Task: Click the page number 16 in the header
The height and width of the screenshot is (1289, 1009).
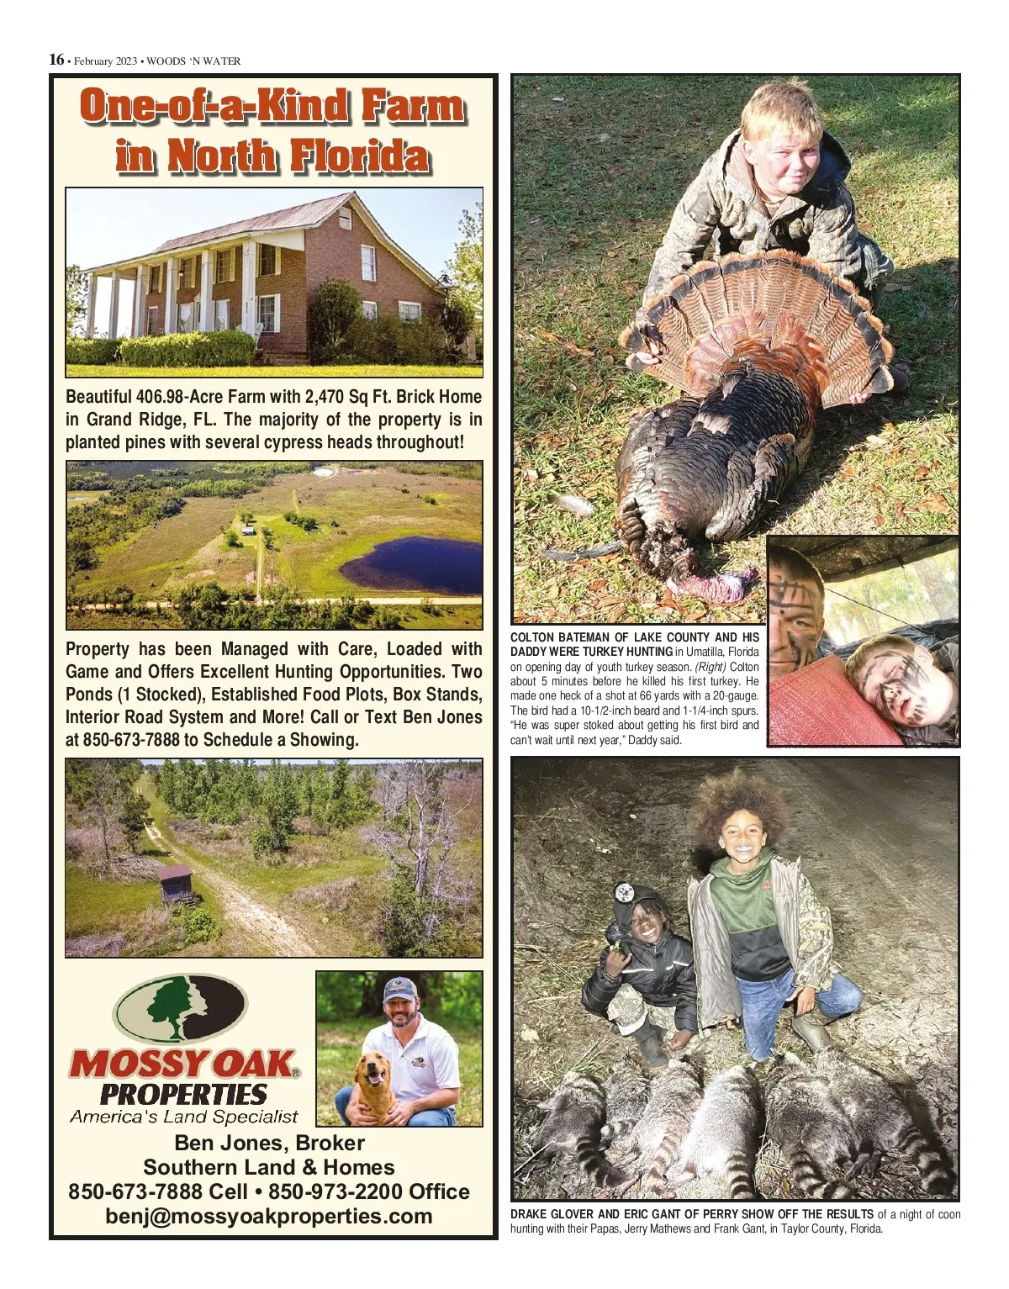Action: click(56, 60)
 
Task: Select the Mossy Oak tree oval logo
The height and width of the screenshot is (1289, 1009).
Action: click(181, 1008)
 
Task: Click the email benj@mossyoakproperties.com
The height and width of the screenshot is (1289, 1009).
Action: click(269, 1216)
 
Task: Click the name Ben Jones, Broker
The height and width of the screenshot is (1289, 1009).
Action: click(269, 1143)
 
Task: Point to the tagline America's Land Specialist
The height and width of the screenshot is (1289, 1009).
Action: click(183, 1117)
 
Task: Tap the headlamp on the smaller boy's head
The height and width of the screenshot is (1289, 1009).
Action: click(623, 892)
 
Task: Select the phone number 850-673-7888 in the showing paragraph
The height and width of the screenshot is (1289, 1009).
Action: click(131, 740)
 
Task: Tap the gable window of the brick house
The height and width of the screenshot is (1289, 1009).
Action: click(345, 221)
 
